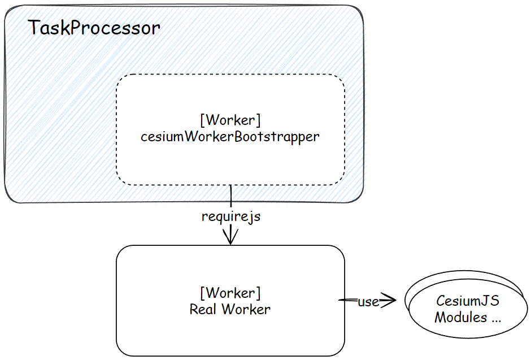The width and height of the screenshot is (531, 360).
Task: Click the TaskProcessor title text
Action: pos(94,28)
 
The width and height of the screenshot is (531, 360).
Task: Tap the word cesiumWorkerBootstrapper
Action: pos(230,137)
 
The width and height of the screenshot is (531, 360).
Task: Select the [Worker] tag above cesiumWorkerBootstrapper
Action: pos(230,120)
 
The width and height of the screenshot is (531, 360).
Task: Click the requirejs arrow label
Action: pos(231,216)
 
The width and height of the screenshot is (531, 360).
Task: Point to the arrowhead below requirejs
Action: pos(230,236)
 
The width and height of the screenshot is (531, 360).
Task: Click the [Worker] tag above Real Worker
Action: pos(230,293)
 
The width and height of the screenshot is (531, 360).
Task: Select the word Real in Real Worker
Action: pos(202,309)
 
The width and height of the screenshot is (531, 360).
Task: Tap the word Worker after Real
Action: pos(246,309)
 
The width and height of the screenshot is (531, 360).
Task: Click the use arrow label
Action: pos(368,301)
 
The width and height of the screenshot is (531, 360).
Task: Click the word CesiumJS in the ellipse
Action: pos(468,301)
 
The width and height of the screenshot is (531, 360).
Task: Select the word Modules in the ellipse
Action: pos(461,317)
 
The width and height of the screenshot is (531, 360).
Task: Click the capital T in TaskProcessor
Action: pos(34,28)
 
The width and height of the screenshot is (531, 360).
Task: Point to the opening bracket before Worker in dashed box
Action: pos(202,120)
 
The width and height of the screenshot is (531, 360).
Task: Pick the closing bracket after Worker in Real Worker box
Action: pos(259,293)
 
